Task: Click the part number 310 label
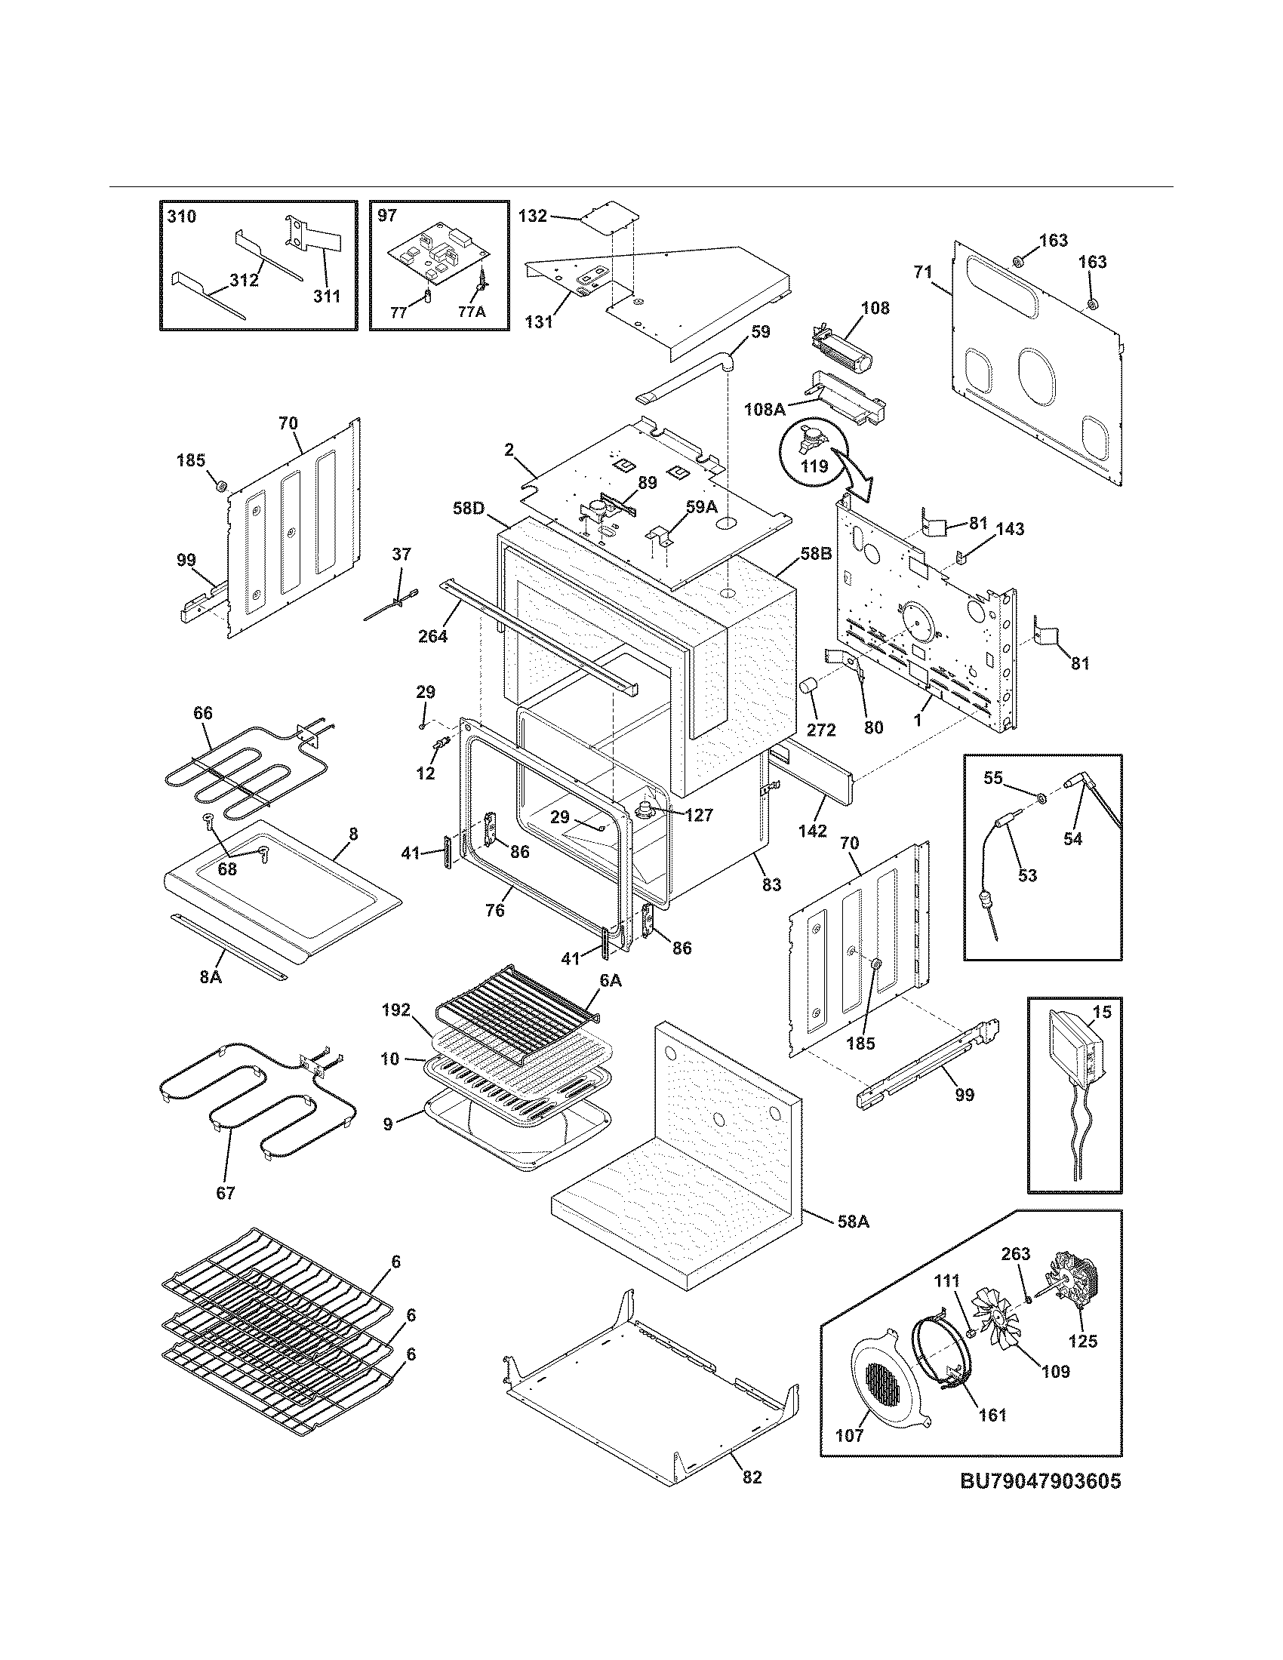pos(181,217)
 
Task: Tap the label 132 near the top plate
pos(532,216)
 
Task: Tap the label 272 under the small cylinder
pos(821,730)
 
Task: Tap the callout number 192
pos(396,1010)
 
